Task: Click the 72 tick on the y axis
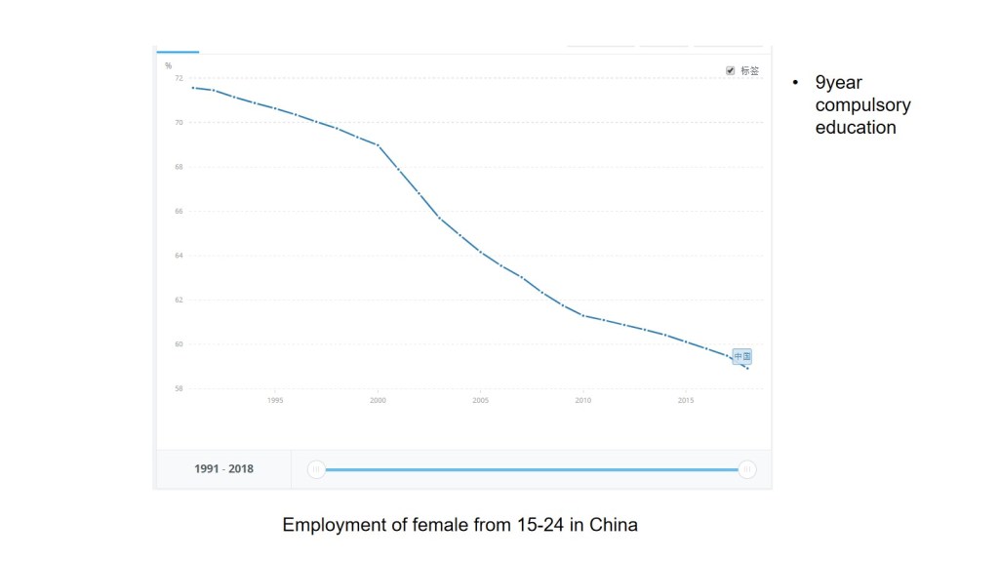179,78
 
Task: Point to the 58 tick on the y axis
179,388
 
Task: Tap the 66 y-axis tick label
179,211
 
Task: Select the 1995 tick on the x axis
274,400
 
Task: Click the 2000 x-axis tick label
377,400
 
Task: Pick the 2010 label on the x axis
582,400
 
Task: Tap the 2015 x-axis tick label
686,400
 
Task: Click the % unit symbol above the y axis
168,65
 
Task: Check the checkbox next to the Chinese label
731,70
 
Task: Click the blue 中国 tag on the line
741,356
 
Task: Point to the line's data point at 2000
377,144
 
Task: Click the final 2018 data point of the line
747,368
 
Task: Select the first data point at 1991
192,88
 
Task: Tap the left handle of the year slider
315,469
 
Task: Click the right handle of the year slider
747,469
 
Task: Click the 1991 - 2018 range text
223,469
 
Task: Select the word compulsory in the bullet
862,105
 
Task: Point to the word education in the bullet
856,127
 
